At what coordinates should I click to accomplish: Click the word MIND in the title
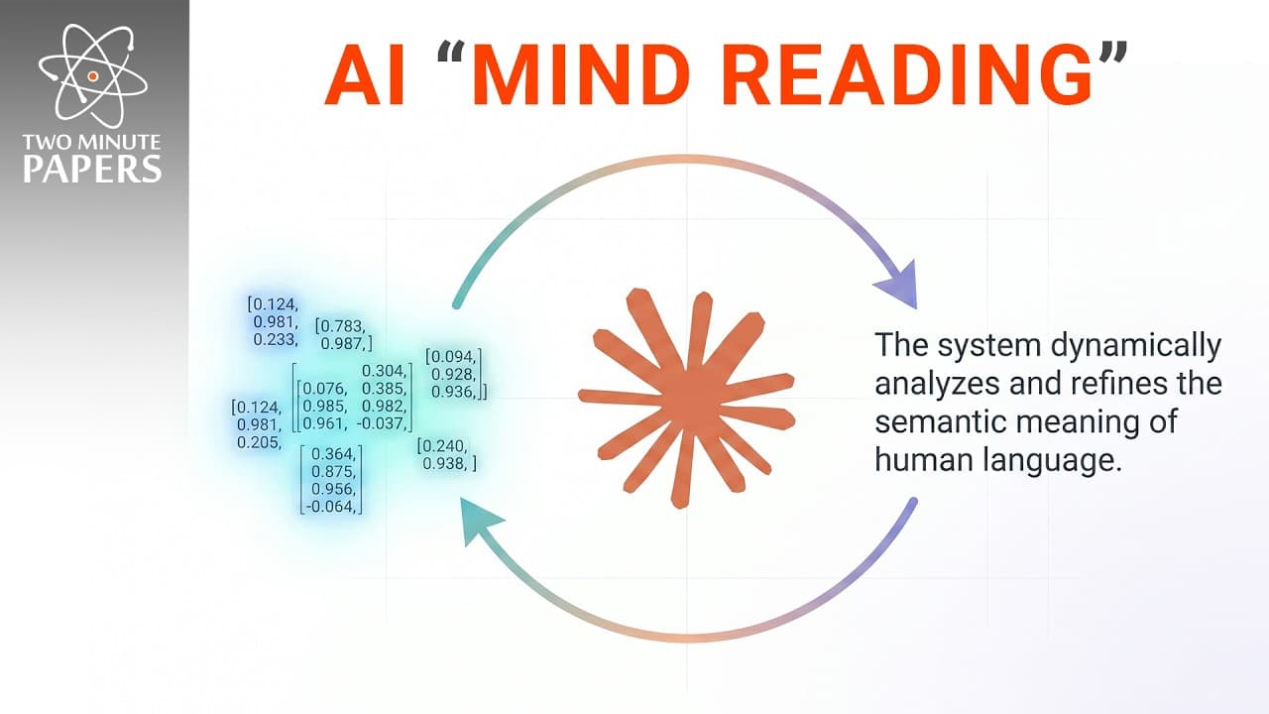585,73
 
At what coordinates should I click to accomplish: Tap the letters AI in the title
366,73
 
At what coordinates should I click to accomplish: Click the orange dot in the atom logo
93,76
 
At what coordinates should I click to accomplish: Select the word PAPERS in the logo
92,169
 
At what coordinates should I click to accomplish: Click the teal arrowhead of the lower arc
481,521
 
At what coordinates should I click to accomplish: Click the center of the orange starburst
688,400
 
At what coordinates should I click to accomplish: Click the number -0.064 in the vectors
331,506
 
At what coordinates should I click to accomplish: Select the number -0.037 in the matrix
382,422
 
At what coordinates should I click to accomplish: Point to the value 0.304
384,371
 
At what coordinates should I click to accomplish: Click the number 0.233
276,339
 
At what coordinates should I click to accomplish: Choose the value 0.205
259,442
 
